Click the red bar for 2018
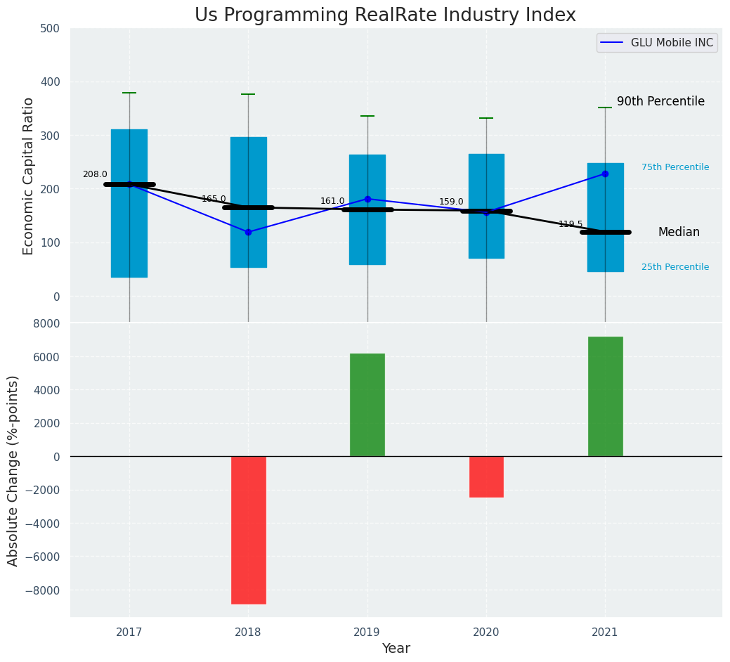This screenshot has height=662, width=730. pyautogui.click(x=248, y=530)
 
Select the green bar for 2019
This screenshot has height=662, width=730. pyautogui.click(x=367, y=405)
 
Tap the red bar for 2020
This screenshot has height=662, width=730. pyautogui.click(x=486, y=476)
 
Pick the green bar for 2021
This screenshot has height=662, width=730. pyautogui.click(x=605, y=396)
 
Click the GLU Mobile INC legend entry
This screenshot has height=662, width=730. pyautogui.click(x=657, y=43)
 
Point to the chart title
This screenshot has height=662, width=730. pyautogui.click(x=385, y=15)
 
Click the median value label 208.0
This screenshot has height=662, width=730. pyautogui.click(x=95, y=175)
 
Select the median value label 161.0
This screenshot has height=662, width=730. pyautogui.click(x=332, y=202)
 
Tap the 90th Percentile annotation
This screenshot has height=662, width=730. pyautogui.click(x=660, y=102)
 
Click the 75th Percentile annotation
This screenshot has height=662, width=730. pyautogui.click(x=675, y=167)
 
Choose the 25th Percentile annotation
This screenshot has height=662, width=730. pyautogui.click(x=675, y=267)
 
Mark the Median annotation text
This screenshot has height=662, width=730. pyautogui.click(x=679, y=233)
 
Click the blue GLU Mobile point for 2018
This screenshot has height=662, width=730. pyautogui.click(x=248, y=232)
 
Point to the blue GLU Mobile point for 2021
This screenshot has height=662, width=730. pyautogui.click(x=605, y=174)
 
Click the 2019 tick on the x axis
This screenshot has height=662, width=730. pyautogui.click(x=367, y=632)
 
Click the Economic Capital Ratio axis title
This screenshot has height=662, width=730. pyautogui.click(x=28, y=176)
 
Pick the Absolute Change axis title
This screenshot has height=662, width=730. pyautogui.click(x=13, y=470)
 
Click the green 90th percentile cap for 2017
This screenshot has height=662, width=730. pyautogui.click(x=129, y=93)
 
